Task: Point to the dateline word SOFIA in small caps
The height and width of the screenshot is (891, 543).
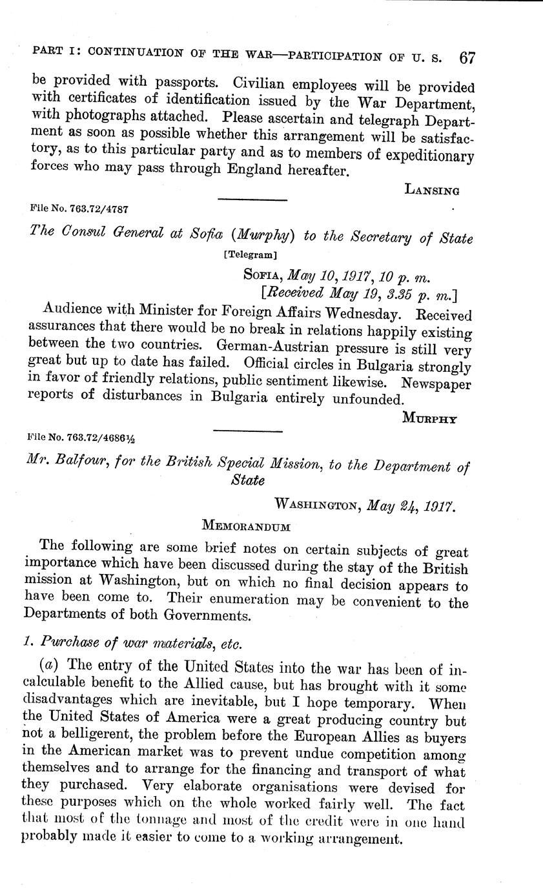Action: tap(262, 276)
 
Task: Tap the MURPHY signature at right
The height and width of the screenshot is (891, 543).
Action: tap(429, 418)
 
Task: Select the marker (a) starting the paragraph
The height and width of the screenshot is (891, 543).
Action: tap(52, 664)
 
